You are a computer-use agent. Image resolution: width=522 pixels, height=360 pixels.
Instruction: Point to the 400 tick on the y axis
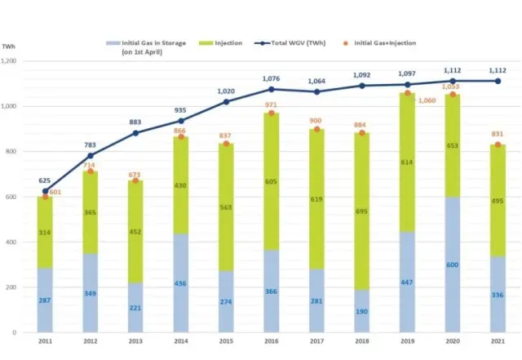point(20,242)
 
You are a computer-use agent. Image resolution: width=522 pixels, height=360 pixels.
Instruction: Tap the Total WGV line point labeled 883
point(136,133)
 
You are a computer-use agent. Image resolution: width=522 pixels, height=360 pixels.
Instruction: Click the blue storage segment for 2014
point(181,283)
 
